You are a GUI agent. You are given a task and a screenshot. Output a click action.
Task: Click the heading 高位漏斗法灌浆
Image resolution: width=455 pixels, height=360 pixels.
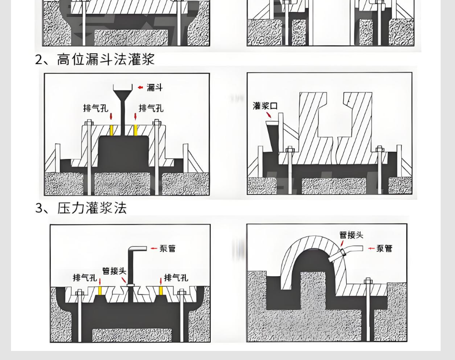95,59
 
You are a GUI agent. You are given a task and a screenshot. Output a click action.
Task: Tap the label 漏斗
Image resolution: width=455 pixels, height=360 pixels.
155,87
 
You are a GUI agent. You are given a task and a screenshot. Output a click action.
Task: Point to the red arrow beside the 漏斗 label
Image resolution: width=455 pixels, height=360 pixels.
140,87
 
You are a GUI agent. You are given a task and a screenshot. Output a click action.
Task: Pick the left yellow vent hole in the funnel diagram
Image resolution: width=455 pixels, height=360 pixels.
111,130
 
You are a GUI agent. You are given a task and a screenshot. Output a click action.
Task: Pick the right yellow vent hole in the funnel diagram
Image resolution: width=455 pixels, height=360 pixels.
136,130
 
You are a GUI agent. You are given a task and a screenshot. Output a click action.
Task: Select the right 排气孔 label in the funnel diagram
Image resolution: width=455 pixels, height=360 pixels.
151,108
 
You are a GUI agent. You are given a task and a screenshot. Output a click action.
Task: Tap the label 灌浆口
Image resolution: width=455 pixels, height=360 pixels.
265,106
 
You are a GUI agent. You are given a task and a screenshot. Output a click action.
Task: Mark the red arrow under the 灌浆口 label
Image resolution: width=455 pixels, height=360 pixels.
269,115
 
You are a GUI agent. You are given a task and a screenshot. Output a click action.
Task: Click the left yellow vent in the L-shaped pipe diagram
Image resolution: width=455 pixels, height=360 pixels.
100,290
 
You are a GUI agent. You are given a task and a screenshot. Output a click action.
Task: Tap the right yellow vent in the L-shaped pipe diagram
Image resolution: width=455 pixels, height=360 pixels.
161,290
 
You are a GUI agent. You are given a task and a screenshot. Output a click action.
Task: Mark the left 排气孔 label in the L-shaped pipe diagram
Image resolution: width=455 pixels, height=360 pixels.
85,278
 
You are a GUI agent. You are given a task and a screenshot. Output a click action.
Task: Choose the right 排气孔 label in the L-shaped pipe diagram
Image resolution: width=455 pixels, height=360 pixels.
176,278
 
